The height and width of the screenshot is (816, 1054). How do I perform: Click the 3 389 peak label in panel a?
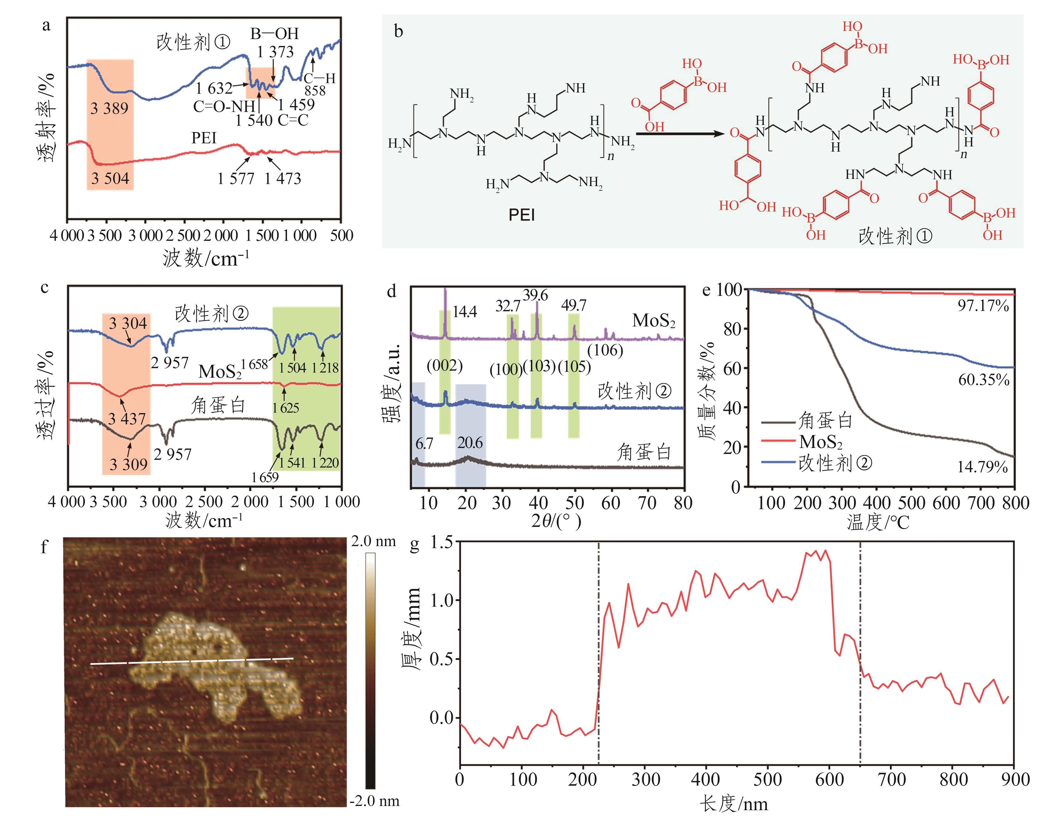(x=110, y=108)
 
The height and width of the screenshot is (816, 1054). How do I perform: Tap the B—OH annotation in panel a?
(x=274, y=34)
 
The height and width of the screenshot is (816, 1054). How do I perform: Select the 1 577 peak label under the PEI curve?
(x=236, y=179)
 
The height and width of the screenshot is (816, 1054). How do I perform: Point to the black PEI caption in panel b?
(x=522, y=215)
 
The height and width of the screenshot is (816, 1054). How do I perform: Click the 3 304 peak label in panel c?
(x=128, y=323)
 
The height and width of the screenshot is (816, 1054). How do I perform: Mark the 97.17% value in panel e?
(x=983, y=306)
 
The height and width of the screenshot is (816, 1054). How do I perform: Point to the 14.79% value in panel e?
(x=983, y=467)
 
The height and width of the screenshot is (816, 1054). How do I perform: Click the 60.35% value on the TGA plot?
(x=983, y=380)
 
